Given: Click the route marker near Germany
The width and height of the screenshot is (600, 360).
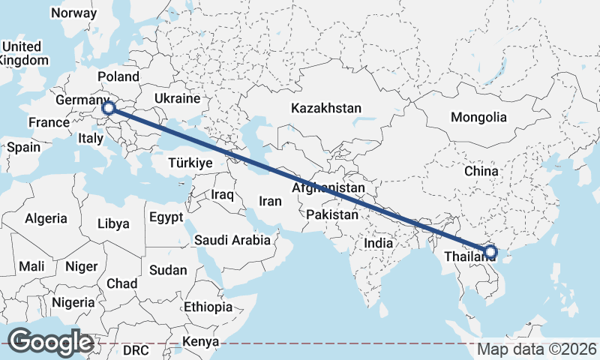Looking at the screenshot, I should tap(109, 109).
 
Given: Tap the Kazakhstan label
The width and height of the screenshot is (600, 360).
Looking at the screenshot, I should tap(326, 108).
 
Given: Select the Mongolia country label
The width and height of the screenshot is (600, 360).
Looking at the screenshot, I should tap(478, 117).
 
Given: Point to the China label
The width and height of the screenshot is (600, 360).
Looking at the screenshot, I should tap(481, 171).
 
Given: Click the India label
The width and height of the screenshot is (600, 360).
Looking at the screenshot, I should tap(379, 243).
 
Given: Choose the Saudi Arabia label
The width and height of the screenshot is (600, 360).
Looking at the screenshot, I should tap(232, 240).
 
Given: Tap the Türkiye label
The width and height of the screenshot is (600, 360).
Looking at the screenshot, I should tap(190, 163).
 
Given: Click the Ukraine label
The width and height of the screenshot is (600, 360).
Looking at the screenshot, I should tap(177, 98).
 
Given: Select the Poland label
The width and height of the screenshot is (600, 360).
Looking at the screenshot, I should tap(118, 76).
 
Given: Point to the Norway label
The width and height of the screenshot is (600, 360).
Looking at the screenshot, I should tap(73, 13).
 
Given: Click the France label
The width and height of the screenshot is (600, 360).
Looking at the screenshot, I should tap(49, 122).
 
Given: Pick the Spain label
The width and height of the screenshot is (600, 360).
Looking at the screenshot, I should tap(23, 147).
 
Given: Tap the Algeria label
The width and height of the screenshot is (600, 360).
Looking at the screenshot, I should tap(46, 219).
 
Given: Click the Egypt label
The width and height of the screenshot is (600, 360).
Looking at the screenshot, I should tap(166, 217).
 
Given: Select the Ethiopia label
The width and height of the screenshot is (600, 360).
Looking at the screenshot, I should tap(208, 307).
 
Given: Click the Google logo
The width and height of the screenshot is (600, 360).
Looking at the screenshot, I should tap(50, 342).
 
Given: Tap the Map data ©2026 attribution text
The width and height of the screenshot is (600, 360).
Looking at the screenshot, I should tap(537, 349).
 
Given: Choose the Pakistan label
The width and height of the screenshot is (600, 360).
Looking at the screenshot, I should tap(332, 214).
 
